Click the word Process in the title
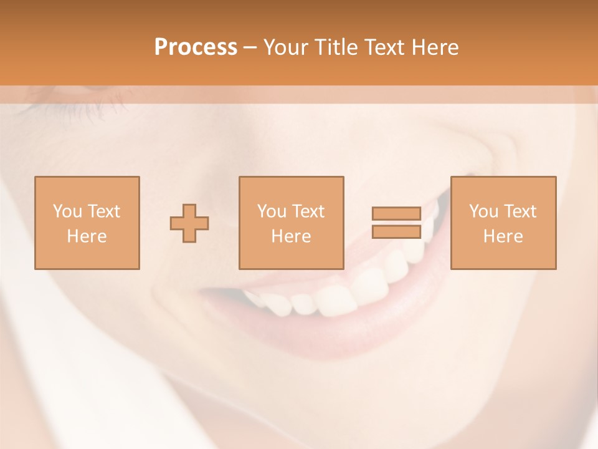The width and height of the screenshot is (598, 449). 196,47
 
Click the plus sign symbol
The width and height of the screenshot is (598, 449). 189,223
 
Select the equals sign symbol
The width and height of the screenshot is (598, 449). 396,223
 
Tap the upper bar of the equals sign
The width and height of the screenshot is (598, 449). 396,214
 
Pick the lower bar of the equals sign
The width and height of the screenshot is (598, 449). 396,231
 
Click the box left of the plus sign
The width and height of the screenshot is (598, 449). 87,223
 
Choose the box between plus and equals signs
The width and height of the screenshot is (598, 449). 292,223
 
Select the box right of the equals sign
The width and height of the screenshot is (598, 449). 503,223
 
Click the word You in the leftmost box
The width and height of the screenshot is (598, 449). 67,211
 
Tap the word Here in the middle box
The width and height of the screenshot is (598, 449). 292,236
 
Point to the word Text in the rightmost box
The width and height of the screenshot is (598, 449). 520,211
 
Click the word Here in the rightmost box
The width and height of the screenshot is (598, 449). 503,236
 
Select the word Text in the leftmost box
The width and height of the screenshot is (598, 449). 104,211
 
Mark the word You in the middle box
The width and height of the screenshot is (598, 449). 271,211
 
